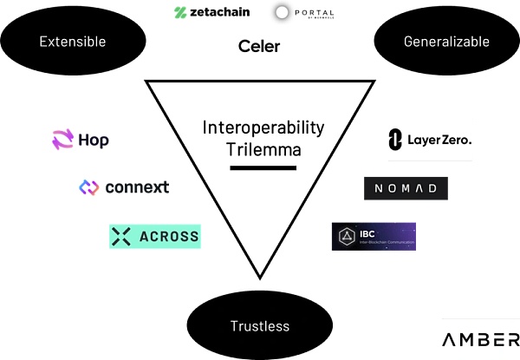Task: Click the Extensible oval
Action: [73, 41]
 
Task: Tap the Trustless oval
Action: [259, 326]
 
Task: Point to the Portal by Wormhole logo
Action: [304, 13]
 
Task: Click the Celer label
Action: [259, 46]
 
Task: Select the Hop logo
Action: [81, 140]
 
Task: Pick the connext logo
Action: [124, 187]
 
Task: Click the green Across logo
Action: [155, 236]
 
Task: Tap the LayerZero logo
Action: [430, 139]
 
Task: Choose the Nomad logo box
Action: [406, 188]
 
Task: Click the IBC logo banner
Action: [374, 237]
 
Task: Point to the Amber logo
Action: [480, 339]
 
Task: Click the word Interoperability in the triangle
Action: [263, 128]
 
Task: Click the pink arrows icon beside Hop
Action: [63, 140]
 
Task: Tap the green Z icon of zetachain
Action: [180, 13]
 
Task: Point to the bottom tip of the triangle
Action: [260, 284]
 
